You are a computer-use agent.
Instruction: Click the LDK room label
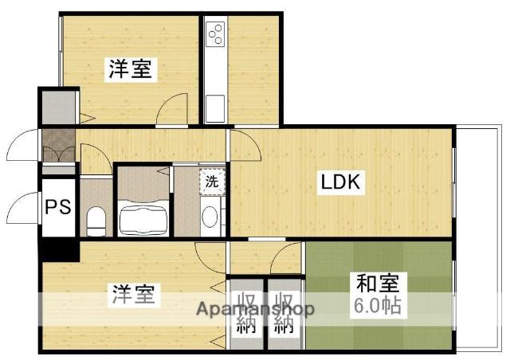pos(342,182)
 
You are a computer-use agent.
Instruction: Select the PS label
pos(57,207)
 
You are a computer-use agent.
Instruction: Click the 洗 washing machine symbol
pos(211,181)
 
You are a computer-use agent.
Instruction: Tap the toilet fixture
pos(96,217)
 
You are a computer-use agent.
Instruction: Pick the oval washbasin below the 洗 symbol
pos(210,217)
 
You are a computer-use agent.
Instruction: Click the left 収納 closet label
pos(245,314)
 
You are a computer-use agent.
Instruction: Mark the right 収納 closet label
pos(284,314)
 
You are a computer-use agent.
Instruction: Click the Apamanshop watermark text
pos(255,309)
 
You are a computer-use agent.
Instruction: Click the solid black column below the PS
pos(60,248)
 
